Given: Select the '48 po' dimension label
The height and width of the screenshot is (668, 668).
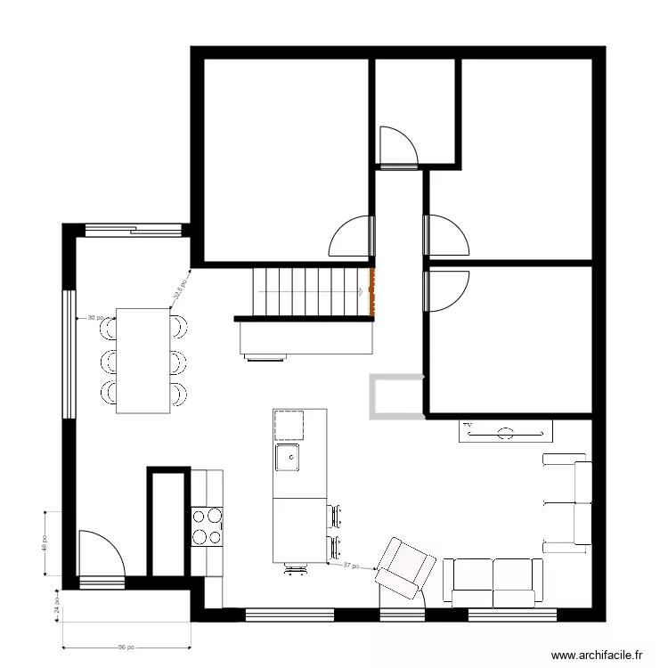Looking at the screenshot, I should pos(45,542).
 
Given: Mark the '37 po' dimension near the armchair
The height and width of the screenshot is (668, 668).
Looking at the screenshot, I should pos(352,566).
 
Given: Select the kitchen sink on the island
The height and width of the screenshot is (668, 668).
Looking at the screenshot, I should pos(288,458).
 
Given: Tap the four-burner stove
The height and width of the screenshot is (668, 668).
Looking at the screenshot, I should pos(207,525).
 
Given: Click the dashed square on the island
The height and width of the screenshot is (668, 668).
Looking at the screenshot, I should pos(289,425).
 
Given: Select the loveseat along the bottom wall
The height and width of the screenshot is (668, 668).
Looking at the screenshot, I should pos(493,582).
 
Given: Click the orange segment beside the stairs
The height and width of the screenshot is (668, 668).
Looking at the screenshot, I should pos(371,291).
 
